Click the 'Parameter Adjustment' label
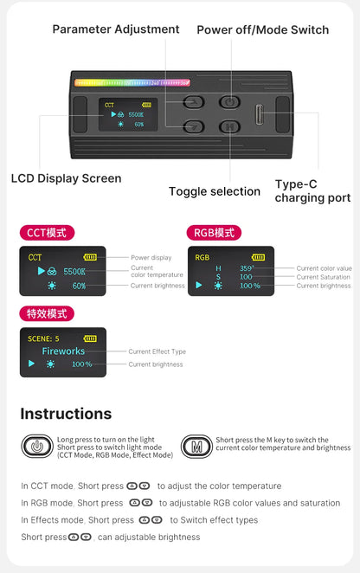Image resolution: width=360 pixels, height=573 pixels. (x=116, y=29)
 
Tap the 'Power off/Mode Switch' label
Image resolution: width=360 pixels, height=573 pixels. (x=262, y=29)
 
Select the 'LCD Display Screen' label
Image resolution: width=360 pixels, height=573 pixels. (x=67, y=178)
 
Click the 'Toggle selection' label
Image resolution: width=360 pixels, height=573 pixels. (x=214, y=191)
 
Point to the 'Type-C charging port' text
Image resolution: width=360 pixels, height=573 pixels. (x=312, y=191)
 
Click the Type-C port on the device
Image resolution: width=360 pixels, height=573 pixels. (x=260, y=114)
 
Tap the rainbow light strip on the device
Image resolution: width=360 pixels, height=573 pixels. (x=132, y=84)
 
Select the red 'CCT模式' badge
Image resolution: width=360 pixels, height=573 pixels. (x=48, y=233)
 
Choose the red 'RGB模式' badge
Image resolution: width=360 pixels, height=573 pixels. (x=214, y=233)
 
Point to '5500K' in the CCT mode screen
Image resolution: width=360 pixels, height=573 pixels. (x=74, y=272)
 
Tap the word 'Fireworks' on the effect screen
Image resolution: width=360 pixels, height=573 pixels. (x=63, y=351)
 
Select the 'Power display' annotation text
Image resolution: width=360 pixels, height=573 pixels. (x=151, y=258)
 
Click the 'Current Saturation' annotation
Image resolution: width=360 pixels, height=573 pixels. (x=324, y=277)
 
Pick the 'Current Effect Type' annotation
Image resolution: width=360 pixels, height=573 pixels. (x=157, y=351)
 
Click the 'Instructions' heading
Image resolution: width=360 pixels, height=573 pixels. (x=66, y=414)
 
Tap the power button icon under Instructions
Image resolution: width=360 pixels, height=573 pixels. (x=36, y=447)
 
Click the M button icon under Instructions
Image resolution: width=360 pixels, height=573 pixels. (x=196, y=447)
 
